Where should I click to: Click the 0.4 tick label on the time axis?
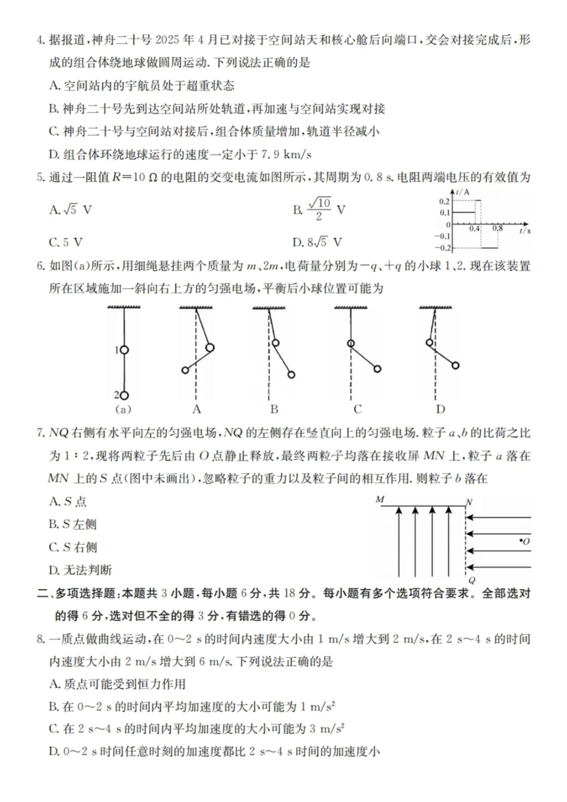coord(474,229)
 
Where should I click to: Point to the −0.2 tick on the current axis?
coord(443,247)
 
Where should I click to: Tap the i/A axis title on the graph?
coord(463,192)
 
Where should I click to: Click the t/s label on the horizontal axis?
coord(525,230)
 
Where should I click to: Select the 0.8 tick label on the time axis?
coord(497,229)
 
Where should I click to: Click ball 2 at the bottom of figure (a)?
coord(124,395)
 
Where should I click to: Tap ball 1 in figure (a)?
coord(124,350)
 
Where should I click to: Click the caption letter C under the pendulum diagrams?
coord(358,409)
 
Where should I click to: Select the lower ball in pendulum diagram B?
coord(291,375)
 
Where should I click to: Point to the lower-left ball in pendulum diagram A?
coord(185,370)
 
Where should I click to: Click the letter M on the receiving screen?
coord(380,500)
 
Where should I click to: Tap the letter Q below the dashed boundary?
coord(472,580)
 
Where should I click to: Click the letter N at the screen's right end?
coord(469,502)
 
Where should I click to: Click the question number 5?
coord(41,177)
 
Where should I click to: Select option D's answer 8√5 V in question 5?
coord(317,242)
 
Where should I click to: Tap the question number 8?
coord(41,639)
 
